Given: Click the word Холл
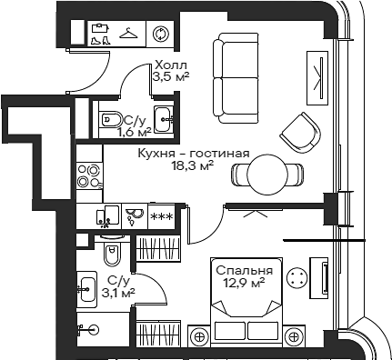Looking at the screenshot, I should (170, 65).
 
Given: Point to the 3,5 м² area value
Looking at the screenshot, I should (169, 79).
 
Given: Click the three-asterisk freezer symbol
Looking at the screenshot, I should (162, 216).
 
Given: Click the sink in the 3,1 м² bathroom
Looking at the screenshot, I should (87, 289).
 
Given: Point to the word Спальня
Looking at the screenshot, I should (243, 271).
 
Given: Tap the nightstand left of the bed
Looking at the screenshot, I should (199, 335).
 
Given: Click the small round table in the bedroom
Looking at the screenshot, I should (297, 278).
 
